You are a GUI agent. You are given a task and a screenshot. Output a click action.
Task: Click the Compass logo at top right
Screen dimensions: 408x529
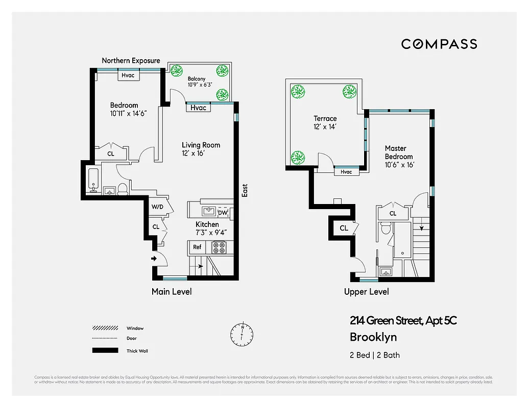point(439,44)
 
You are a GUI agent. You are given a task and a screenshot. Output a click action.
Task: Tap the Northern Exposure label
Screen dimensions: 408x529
point(131,61)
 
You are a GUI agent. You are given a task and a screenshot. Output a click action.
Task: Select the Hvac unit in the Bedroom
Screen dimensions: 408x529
point(128,75)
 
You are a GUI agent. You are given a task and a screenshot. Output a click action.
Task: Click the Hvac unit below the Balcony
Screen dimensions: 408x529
point(198,108)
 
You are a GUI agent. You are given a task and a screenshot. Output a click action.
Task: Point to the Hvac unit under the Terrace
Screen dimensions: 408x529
point(346,172)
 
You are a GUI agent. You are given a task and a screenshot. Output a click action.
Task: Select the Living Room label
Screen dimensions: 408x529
point(201,145)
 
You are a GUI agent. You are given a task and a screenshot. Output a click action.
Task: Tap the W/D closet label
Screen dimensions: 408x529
point(157,207)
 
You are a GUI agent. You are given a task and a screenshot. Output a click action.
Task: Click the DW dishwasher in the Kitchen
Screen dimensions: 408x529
point(223,213)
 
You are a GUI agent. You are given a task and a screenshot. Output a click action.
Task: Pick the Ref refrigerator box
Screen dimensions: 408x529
point(197,247)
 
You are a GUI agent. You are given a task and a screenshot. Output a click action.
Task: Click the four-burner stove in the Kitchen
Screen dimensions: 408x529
point(219,247)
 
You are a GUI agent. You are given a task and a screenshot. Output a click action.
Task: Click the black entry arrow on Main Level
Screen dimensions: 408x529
point(154,259)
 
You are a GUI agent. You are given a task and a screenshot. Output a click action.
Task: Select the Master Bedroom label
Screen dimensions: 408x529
point(399,152)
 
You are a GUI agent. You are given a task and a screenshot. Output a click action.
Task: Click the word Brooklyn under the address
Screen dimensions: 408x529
point(373,337)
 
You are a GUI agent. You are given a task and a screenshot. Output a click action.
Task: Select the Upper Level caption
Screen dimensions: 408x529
point(366,292)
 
